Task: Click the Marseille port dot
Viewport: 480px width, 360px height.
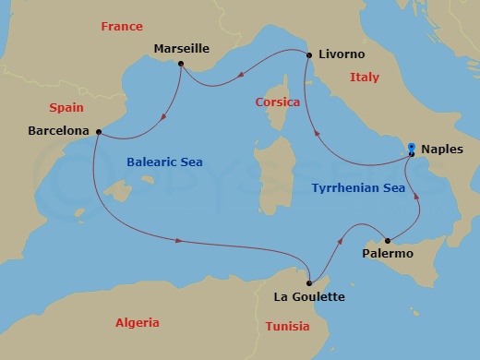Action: pos(181,64)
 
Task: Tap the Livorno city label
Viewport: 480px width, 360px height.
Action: pos(342,55)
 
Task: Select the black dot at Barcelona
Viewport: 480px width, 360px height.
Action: pos(96,131)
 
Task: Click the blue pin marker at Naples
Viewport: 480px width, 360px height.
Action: pos(412,149)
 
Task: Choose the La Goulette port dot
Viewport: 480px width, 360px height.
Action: pos(309,282)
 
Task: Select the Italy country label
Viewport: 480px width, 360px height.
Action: pos(365,78)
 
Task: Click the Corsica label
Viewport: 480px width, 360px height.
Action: pos(278,102)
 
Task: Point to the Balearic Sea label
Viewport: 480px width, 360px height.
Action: pos(163,162)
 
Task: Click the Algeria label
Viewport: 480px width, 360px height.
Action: pos(137,322)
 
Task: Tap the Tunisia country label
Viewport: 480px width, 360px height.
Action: pos(288,326)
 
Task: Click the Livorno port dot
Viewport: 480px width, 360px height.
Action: pos(308,55)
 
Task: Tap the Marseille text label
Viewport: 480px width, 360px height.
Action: pos(182,47)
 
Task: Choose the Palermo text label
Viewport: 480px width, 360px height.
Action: pos(388,254)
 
